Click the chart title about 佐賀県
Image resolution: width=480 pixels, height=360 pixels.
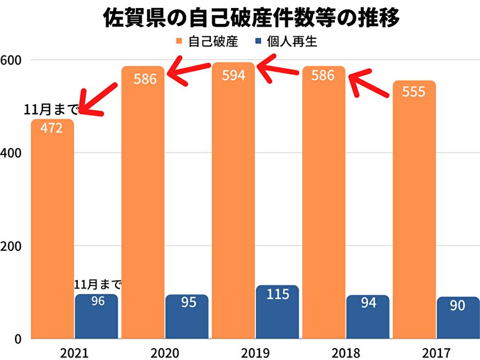coord(251,19)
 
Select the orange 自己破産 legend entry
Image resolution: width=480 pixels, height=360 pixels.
coord(206,42)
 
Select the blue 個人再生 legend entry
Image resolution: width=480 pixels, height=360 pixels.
coord(286,42)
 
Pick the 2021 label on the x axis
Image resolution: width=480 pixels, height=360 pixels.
coord(74,353)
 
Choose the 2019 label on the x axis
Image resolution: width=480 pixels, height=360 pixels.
coord(255,353)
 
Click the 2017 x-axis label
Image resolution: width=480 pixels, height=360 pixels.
coord(436,353)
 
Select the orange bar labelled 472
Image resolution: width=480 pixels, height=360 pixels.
coord(52,229)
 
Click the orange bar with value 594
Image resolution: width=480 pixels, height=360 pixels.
coord(234,203)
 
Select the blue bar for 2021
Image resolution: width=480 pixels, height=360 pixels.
coord(97,317)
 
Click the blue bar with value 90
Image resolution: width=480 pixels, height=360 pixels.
coord(458,318)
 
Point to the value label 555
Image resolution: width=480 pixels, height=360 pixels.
coord(414,92)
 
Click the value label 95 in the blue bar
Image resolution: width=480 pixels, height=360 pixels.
coord(187,302)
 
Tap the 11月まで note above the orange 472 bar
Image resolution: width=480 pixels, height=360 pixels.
coord(51,110)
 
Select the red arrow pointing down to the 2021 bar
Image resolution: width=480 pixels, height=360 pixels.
coord(99,99)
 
